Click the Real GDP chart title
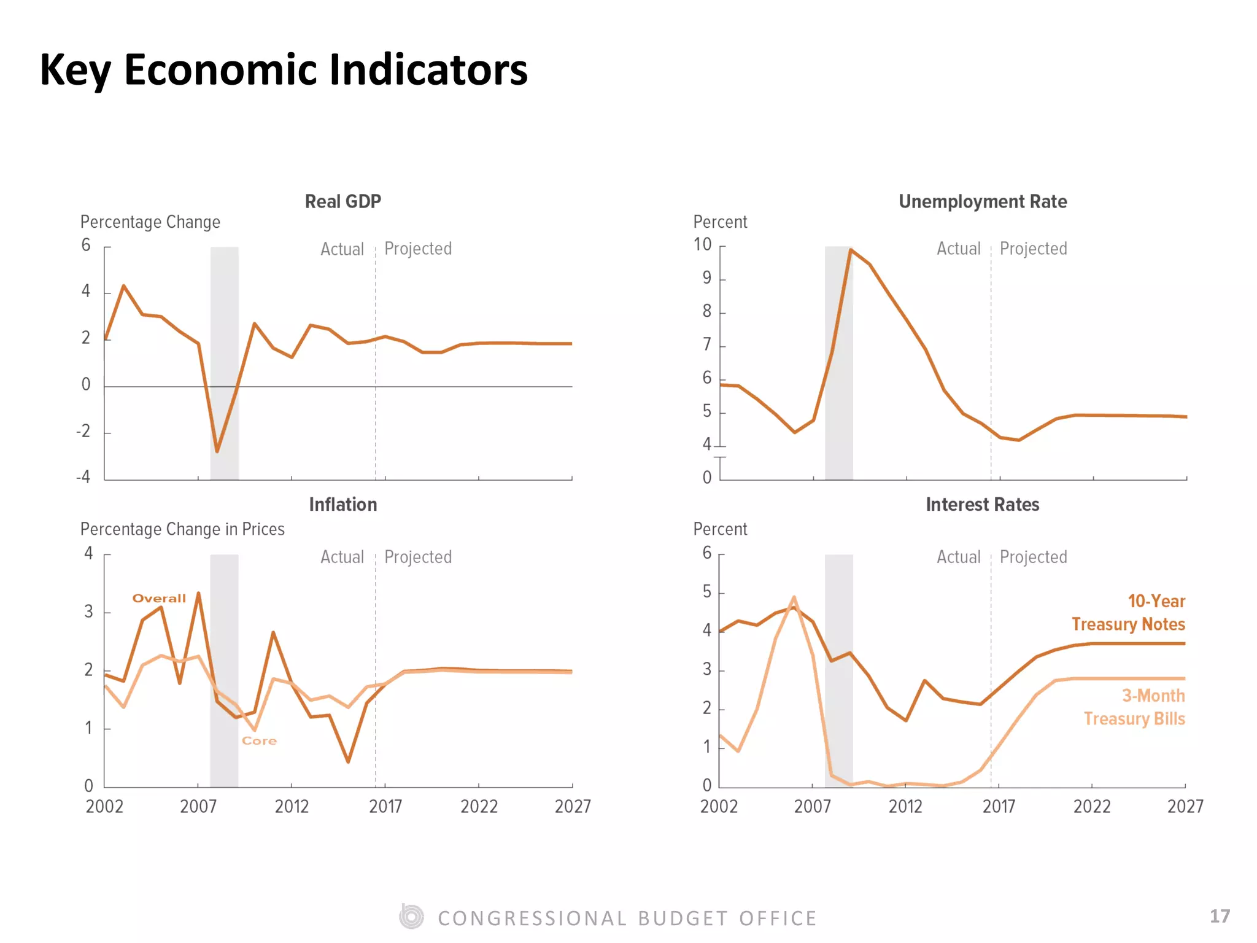[x=343, y=201]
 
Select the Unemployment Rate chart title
[x=983, y=201]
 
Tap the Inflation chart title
[x=343, y=505]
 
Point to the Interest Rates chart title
[x=983, y=505]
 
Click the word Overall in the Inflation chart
[x=159, y=599]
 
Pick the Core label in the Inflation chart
[x=260, y=741]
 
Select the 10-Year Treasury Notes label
[x=1128, y=613]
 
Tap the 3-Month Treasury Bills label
[x=1134, y=707]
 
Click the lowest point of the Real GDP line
[x=217, y=452]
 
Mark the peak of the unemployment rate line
[x=851, y=249]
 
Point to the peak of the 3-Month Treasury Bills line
[x=794, y=597]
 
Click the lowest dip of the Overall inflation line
[x=348, y=762]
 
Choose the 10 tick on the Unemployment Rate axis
[x=703, y=245]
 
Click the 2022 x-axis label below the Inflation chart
[x=479, y=806]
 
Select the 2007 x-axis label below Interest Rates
[x=813, y=806]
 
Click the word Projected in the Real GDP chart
[x=418, y=249]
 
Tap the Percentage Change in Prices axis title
[x=182, y=529]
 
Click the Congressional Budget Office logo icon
[x=411, y=917]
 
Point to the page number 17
[x=1220, y=917]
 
